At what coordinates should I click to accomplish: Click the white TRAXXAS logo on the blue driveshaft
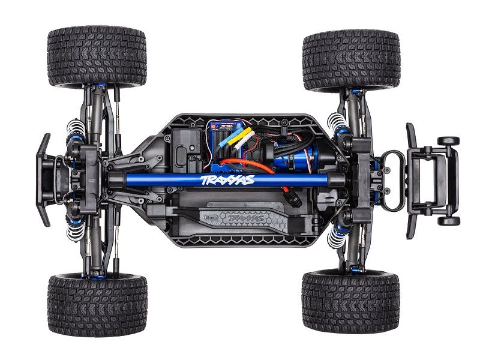228,179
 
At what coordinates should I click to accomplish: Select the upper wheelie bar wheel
448,141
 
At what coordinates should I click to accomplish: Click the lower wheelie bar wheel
448,220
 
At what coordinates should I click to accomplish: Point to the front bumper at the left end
43,180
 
